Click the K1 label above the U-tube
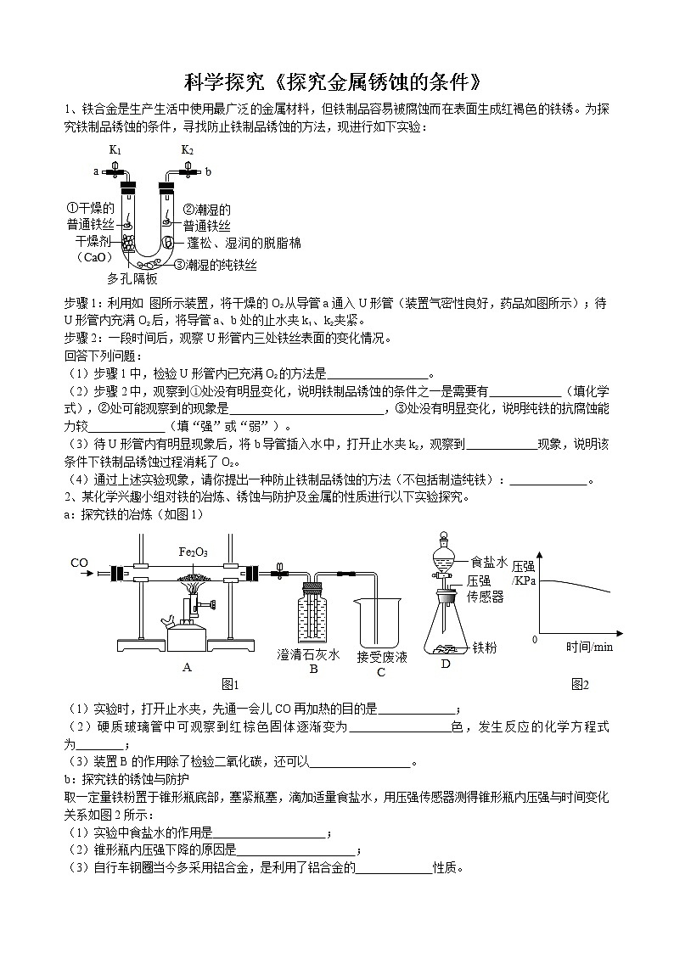click(115, 150)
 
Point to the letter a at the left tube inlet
click(96, 171)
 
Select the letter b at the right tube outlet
click(208, 171)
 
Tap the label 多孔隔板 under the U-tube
click(132, 277)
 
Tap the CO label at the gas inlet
click(79, 563)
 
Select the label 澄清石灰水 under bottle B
click(309, 654)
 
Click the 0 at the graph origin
click(534, 638)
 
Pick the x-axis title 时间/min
click(589, 647)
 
